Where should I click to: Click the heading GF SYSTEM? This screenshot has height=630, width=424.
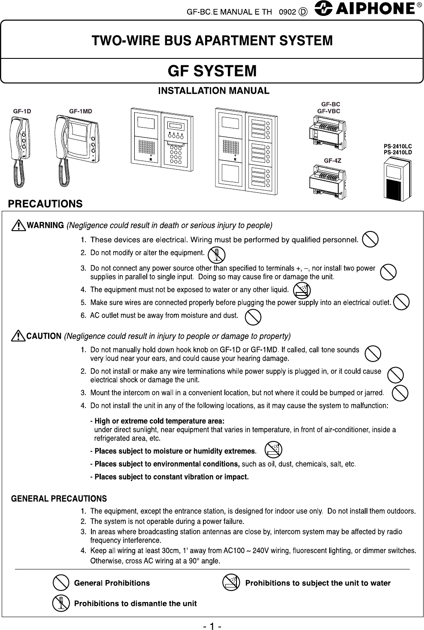click(x=212, y=70)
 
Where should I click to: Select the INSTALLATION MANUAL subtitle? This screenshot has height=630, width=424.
click(x=214, y=91)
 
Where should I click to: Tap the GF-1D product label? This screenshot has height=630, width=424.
click(x=22, y=111)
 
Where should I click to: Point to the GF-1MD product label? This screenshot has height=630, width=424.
click(x=81, y=111)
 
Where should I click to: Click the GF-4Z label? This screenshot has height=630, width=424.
click(x=332, y=161)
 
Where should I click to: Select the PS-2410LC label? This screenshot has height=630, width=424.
click(x=397, y=147)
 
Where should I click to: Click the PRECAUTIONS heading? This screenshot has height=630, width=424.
click(x=46, y=203)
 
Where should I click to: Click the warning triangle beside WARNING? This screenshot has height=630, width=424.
click(x=19, y=225)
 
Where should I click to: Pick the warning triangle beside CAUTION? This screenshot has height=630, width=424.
click(x=19, y=336)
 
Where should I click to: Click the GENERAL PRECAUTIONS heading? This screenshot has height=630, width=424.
click(x=59, y=499)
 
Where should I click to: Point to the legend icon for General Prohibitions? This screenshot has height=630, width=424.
click(x=61, y=583)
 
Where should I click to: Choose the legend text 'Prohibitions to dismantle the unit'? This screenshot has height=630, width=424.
click(x=135, y=603)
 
